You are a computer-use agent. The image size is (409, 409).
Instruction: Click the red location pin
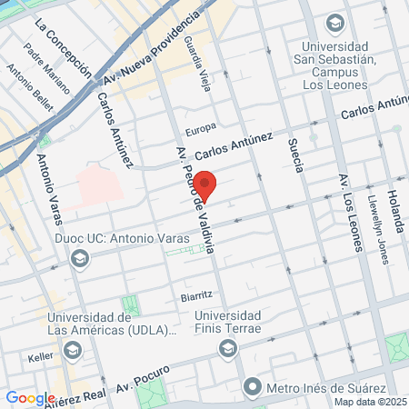[x=205, y=185]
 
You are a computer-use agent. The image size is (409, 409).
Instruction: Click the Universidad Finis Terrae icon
[x=227, y=348]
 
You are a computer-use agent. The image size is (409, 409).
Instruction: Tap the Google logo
[x=29, y=397]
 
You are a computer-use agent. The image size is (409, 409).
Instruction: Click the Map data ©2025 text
[x=370, y=401]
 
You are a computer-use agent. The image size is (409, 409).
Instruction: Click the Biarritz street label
[x=196, y=295]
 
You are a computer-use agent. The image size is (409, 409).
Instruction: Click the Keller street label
[x=41, y=357]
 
